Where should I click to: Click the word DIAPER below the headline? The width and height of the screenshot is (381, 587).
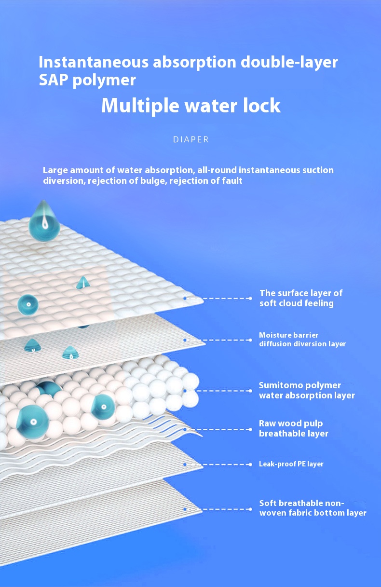tap(191, 139)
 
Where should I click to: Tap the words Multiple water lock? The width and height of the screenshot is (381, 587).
tap(191, 105)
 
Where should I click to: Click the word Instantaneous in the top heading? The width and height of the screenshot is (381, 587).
tap(94, 62)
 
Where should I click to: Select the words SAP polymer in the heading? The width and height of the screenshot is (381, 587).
tap(87, 80)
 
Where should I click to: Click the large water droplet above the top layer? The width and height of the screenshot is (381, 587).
tap(44, 220)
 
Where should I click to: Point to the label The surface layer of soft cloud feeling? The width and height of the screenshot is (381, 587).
tap(301, 298)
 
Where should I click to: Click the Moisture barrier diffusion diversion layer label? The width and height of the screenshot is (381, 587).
tap(302, 340)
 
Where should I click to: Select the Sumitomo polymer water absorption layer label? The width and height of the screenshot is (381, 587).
tap(307, 390)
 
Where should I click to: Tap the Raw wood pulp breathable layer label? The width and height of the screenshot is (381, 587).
tap(294, 428)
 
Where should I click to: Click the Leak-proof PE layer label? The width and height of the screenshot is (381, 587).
tap(291, 464)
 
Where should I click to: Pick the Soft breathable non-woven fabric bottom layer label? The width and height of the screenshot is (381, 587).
tap(313, 508)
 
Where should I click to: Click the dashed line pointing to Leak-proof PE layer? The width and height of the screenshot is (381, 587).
tap(218, 464)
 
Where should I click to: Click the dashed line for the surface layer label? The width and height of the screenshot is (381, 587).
tap(218, 298)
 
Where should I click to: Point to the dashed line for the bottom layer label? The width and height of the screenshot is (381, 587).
tap(218, 509)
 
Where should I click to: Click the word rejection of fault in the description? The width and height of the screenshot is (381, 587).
tap(206, 181)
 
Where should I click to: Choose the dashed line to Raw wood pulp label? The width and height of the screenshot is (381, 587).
tap(218, 429)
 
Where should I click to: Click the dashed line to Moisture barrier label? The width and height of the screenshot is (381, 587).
tap(218, 340)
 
